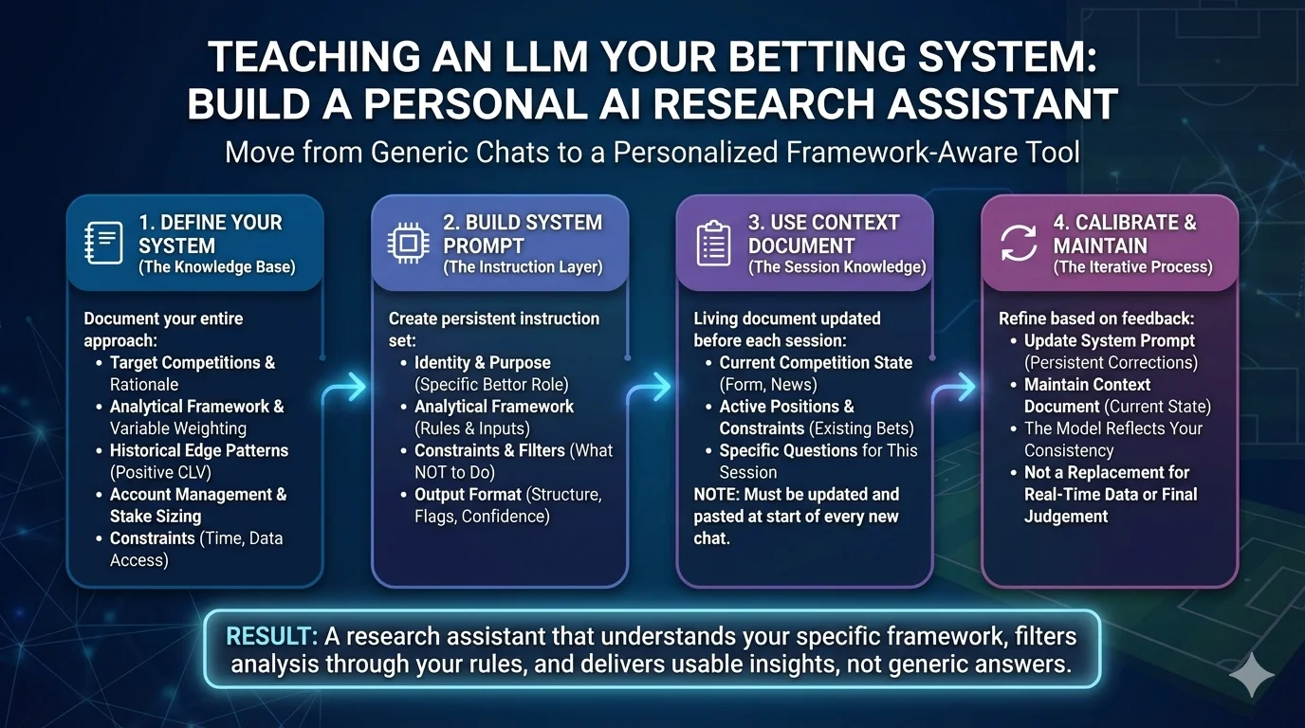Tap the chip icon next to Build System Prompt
click(x=409, y=244)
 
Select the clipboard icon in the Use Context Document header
click(x=713, y=244)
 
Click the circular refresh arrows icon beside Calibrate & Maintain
click(x=1019, y=244)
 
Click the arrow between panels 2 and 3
click(x=652, y=387)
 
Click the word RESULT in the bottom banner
click(x=265, y=636)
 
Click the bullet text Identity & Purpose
click(x=482, y=362)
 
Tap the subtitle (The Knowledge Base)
click(x=216, y=267)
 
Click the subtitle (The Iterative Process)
click(x=1131, y=267)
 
